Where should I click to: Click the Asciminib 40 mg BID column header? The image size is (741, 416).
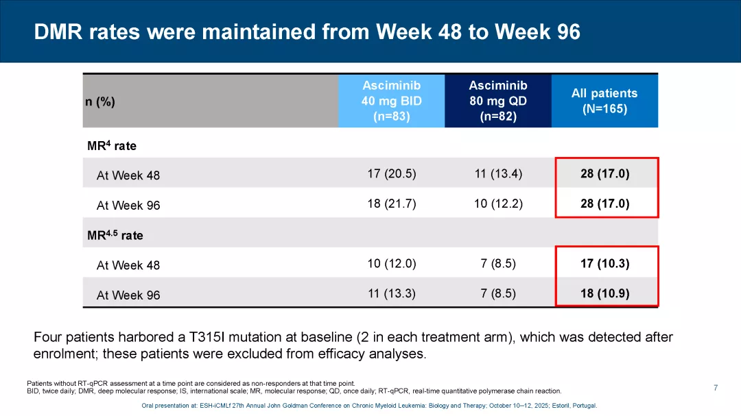pos(391,101)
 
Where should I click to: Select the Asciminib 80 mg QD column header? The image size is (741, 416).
pos(498,101)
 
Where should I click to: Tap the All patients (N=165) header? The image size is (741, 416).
pos(604,101)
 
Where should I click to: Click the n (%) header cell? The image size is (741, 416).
pos(100,102)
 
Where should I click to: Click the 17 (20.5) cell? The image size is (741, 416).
pos(392,173)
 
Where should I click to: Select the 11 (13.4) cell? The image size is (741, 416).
pos(498,173)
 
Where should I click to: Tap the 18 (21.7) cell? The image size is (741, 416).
pos(392,204)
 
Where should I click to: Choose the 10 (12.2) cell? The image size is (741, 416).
pos(498,204)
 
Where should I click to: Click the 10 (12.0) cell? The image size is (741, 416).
pos(392,263)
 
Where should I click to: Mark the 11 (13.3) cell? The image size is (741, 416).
pos(392,293)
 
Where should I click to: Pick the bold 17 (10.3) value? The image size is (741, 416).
pos(604,263)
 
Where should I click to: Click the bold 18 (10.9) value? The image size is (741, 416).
pos(604,293)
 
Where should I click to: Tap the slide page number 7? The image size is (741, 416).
pos(716,388)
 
